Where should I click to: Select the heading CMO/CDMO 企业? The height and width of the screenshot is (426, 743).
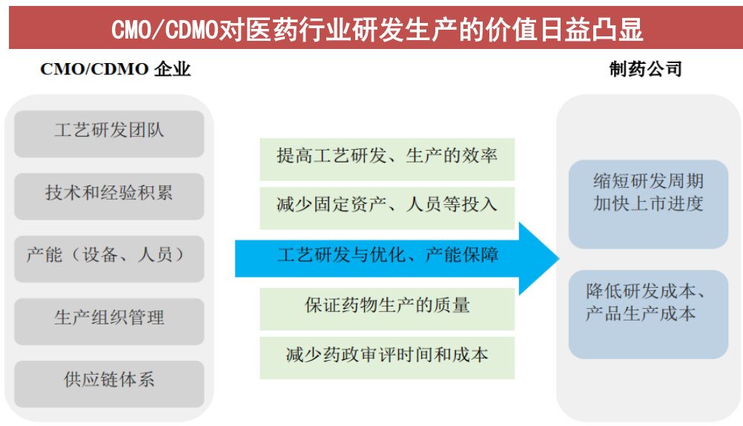pos(115,70)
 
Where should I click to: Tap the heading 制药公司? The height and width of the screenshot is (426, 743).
pos(645,70)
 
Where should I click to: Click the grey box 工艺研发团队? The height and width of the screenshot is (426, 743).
pos(109,132)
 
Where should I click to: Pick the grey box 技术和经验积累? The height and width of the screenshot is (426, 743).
pos(109,194)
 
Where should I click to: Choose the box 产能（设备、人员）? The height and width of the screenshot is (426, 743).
pos(109,257)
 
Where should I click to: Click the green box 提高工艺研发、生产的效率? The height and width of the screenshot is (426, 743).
pos(386,157)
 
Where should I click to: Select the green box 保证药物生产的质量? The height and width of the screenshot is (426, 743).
pos(386,306)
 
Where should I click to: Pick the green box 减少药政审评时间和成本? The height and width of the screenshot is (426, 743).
pos(386,355)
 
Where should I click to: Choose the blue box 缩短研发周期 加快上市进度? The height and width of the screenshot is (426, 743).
pos(648,193)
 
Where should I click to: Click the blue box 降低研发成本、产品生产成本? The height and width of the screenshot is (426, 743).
pos(648,303)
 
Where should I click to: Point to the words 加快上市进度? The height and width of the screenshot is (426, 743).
pos(648,204)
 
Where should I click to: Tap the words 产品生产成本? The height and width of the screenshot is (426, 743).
pos(641,314)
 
